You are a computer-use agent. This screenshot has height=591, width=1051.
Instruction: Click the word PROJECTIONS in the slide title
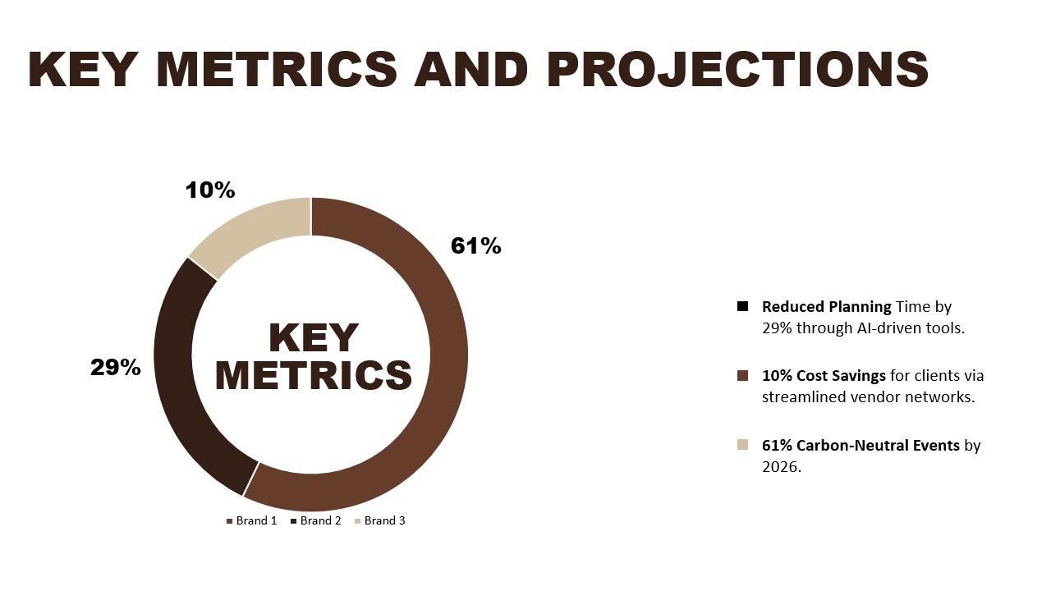click(737, 70)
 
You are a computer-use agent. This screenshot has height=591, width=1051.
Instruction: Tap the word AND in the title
click(471, 70)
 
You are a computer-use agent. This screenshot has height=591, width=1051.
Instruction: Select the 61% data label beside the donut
click(475, 245)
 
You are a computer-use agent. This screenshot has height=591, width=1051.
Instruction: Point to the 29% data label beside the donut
click(116, 367)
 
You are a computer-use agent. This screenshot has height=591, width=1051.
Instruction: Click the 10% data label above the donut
click(209, 190)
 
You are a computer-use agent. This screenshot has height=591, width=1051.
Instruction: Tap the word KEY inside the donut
click(314, 338)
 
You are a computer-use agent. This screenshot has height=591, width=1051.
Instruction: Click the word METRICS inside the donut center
click(314, 375)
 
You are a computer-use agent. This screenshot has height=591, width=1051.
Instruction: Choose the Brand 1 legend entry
click(252, 520)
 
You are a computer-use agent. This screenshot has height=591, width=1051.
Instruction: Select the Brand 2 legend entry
click(316, 520)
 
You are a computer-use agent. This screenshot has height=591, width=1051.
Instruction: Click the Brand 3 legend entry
click(380, 520)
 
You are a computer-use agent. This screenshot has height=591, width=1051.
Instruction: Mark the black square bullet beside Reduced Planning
click(743, 306)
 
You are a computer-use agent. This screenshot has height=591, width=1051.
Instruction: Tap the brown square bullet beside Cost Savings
click(743, 376)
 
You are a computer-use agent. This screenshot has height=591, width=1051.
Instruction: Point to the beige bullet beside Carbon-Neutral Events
click(743, 445)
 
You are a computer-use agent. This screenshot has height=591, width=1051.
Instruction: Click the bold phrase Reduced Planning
click(827, 307)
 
